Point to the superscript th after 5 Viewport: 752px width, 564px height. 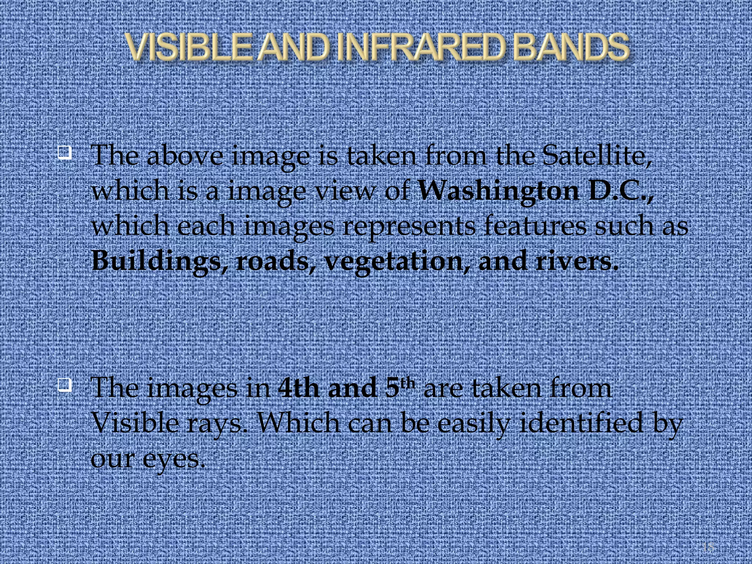point(408,383)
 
